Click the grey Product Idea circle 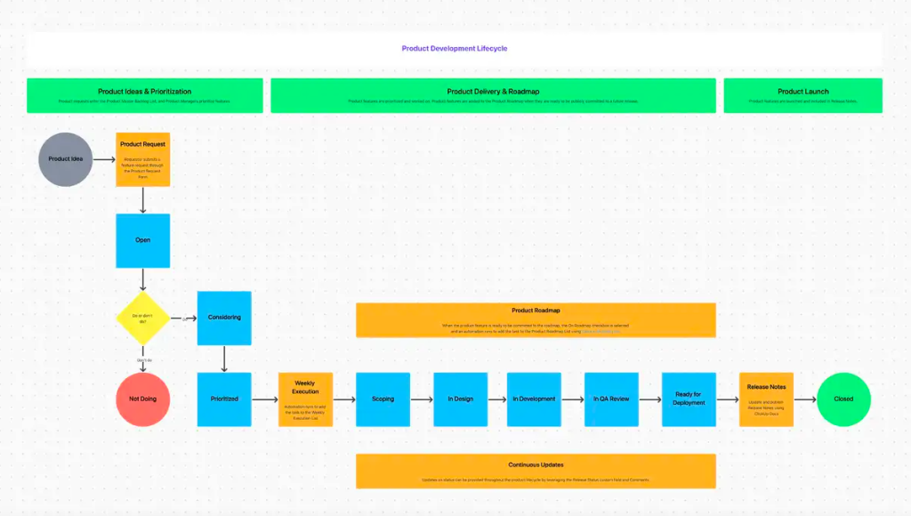point(66,159)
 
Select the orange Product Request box point(142,159)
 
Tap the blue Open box point(142,240)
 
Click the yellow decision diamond point(142,318)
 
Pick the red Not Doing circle point(142,399)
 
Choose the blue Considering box point(224,318)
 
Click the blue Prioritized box point(224,399)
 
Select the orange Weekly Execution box point(305,399)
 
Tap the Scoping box point(383,399)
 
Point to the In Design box point(460,399)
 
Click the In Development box point(534,399)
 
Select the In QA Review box point(611,399)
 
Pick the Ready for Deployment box point(689,399)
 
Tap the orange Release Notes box point(766,399)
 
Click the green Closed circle point(843,399)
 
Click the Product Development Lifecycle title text point(455,49)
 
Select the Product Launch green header point(802,95)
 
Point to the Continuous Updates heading point(536,464)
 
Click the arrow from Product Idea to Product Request point(104,160)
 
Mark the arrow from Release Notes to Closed point(804,399)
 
